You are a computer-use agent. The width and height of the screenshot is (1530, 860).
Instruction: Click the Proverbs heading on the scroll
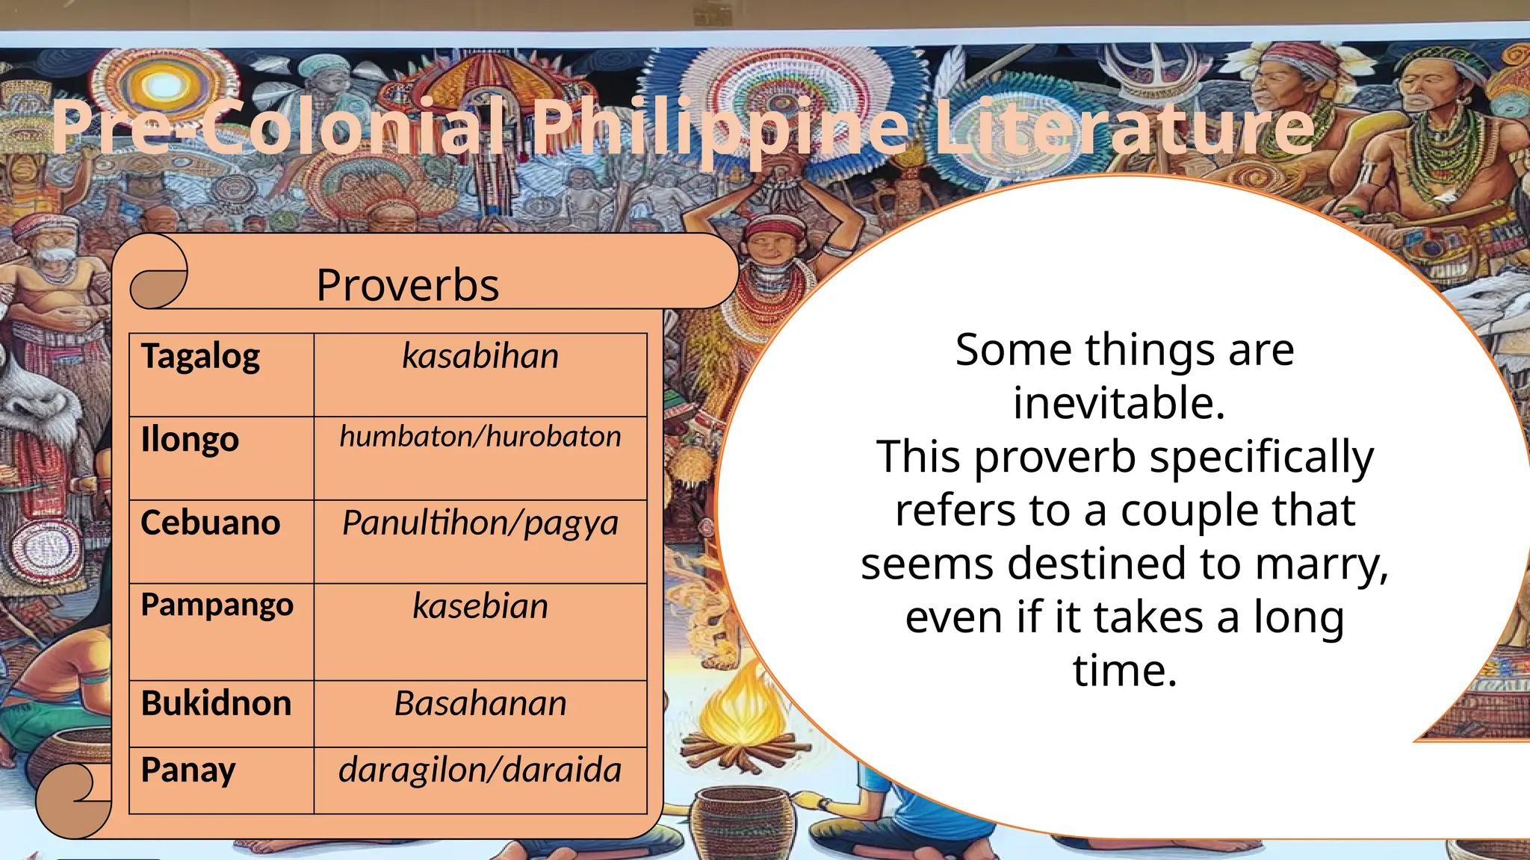click(407, 285)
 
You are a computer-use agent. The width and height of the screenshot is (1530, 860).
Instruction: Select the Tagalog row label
click(200, 356)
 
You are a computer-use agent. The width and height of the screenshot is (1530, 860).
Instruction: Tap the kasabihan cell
click(480, 356)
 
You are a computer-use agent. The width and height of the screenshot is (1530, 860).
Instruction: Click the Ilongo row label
click(190, 440)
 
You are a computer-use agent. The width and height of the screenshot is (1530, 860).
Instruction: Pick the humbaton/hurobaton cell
click(480, 437)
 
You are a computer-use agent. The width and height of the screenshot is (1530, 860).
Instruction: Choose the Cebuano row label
click(210, 523)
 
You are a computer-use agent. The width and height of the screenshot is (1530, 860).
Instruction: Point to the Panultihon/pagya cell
click(480, 523)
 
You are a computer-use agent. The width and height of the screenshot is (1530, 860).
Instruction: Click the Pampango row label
click(217, 605)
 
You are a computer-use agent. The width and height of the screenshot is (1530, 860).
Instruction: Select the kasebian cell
click(480, 606)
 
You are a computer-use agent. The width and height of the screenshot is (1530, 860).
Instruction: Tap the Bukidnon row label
click(216, 703)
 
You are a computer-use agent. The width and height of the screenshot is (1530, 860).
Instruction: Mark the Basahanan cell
click(480, 703)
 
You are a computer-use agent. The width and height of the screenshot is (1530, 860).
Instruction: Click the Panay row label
click(188, 770)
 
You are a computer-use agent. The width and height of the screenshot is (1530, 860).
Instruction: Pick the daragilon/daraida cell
click(480, 770)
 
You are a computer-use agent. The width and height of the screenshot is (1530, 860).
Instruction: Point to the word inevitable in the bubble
click(1118, 403)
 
